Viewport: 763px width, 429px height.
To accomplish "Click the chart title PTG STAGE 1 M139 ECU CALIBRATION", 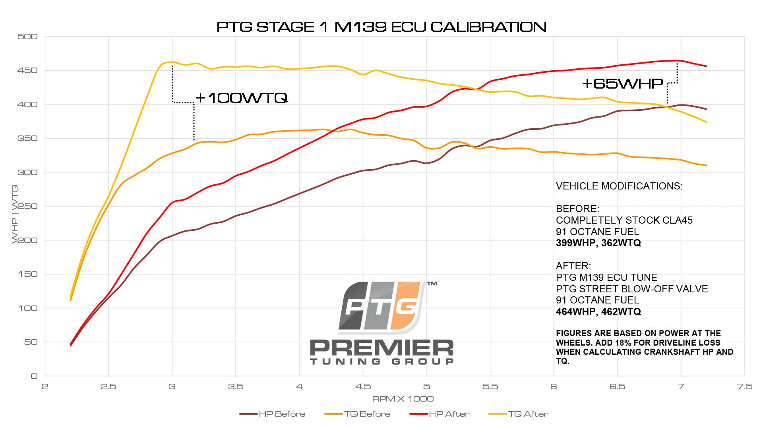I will click(x=381, y=27).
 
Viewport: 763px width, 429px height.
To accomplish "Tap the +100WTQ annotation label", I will click(x=241, y=98).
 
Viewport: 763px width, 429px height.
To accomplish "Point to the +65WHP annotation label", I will click(x=622, y=83).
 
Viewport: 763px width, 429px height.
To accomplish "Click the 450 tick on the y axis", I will click(x=27, y=70).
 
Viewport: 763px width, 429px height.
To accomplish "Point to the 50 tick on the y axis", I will click(x=31, y=342).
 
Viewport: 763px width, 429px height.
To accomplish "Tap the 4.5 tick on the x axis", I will click(x=363, y=386).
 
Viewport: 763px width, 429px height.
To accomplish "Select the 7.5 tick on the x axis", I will click(x=744, y=386).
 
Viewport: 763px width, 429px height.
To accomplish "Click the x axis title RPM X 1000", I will click(x=403, y=399).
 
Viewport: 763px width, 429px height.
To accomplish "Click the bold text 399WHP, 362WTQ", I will click(x=598, y=243).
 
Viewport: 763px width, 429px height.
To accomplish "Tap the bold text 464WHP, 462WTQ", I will click(x=598, y=312).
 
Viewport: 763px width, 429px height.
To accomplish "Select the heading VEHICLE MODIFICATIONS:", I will click(x=619, y=186).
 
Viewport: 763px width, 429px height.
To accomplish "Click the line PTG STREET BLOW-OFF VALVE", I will click(x=631, y=289).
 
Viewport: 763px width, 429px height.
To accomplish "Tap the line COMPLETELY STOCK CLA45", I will click(x=624, y=220).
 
